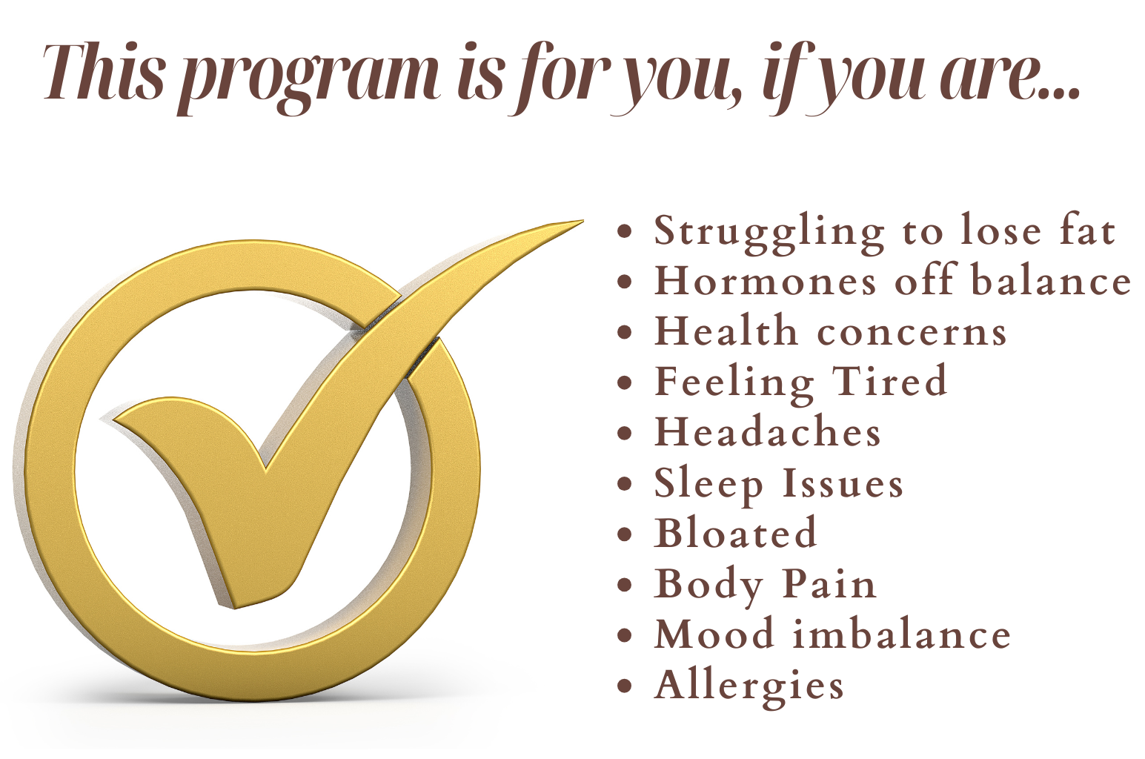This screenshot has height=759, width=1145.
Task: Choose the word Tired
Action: coord(889,380)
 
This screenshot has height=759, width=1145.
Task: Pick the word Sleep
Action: coord(708,485)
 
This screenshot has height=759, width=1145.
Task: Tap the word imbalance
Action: coord(902,633)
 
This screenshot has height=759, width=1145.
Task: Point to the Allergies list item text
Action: coord(749,687)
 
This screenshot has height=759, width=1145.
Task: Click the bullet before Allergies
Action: coord(625,686)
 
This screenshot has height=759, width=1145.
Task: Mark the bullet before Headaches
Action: coord(625,433)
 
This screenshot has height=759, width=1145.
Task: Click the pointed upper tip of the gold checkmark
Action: coord(583,221)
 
